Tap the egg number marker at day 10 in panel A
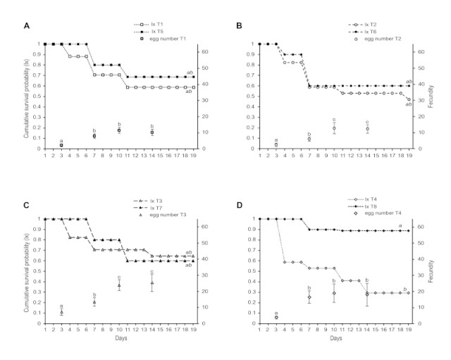click(119, 130)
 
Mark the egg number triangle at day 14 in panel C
click(152, 283)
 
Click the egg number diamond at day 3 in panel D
click(276, 317)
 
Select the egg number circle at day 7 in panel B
click(309, 139)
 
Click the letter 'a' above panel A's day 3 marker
click(61, 141)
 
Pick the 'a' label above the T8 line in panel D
click(400, 226)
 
